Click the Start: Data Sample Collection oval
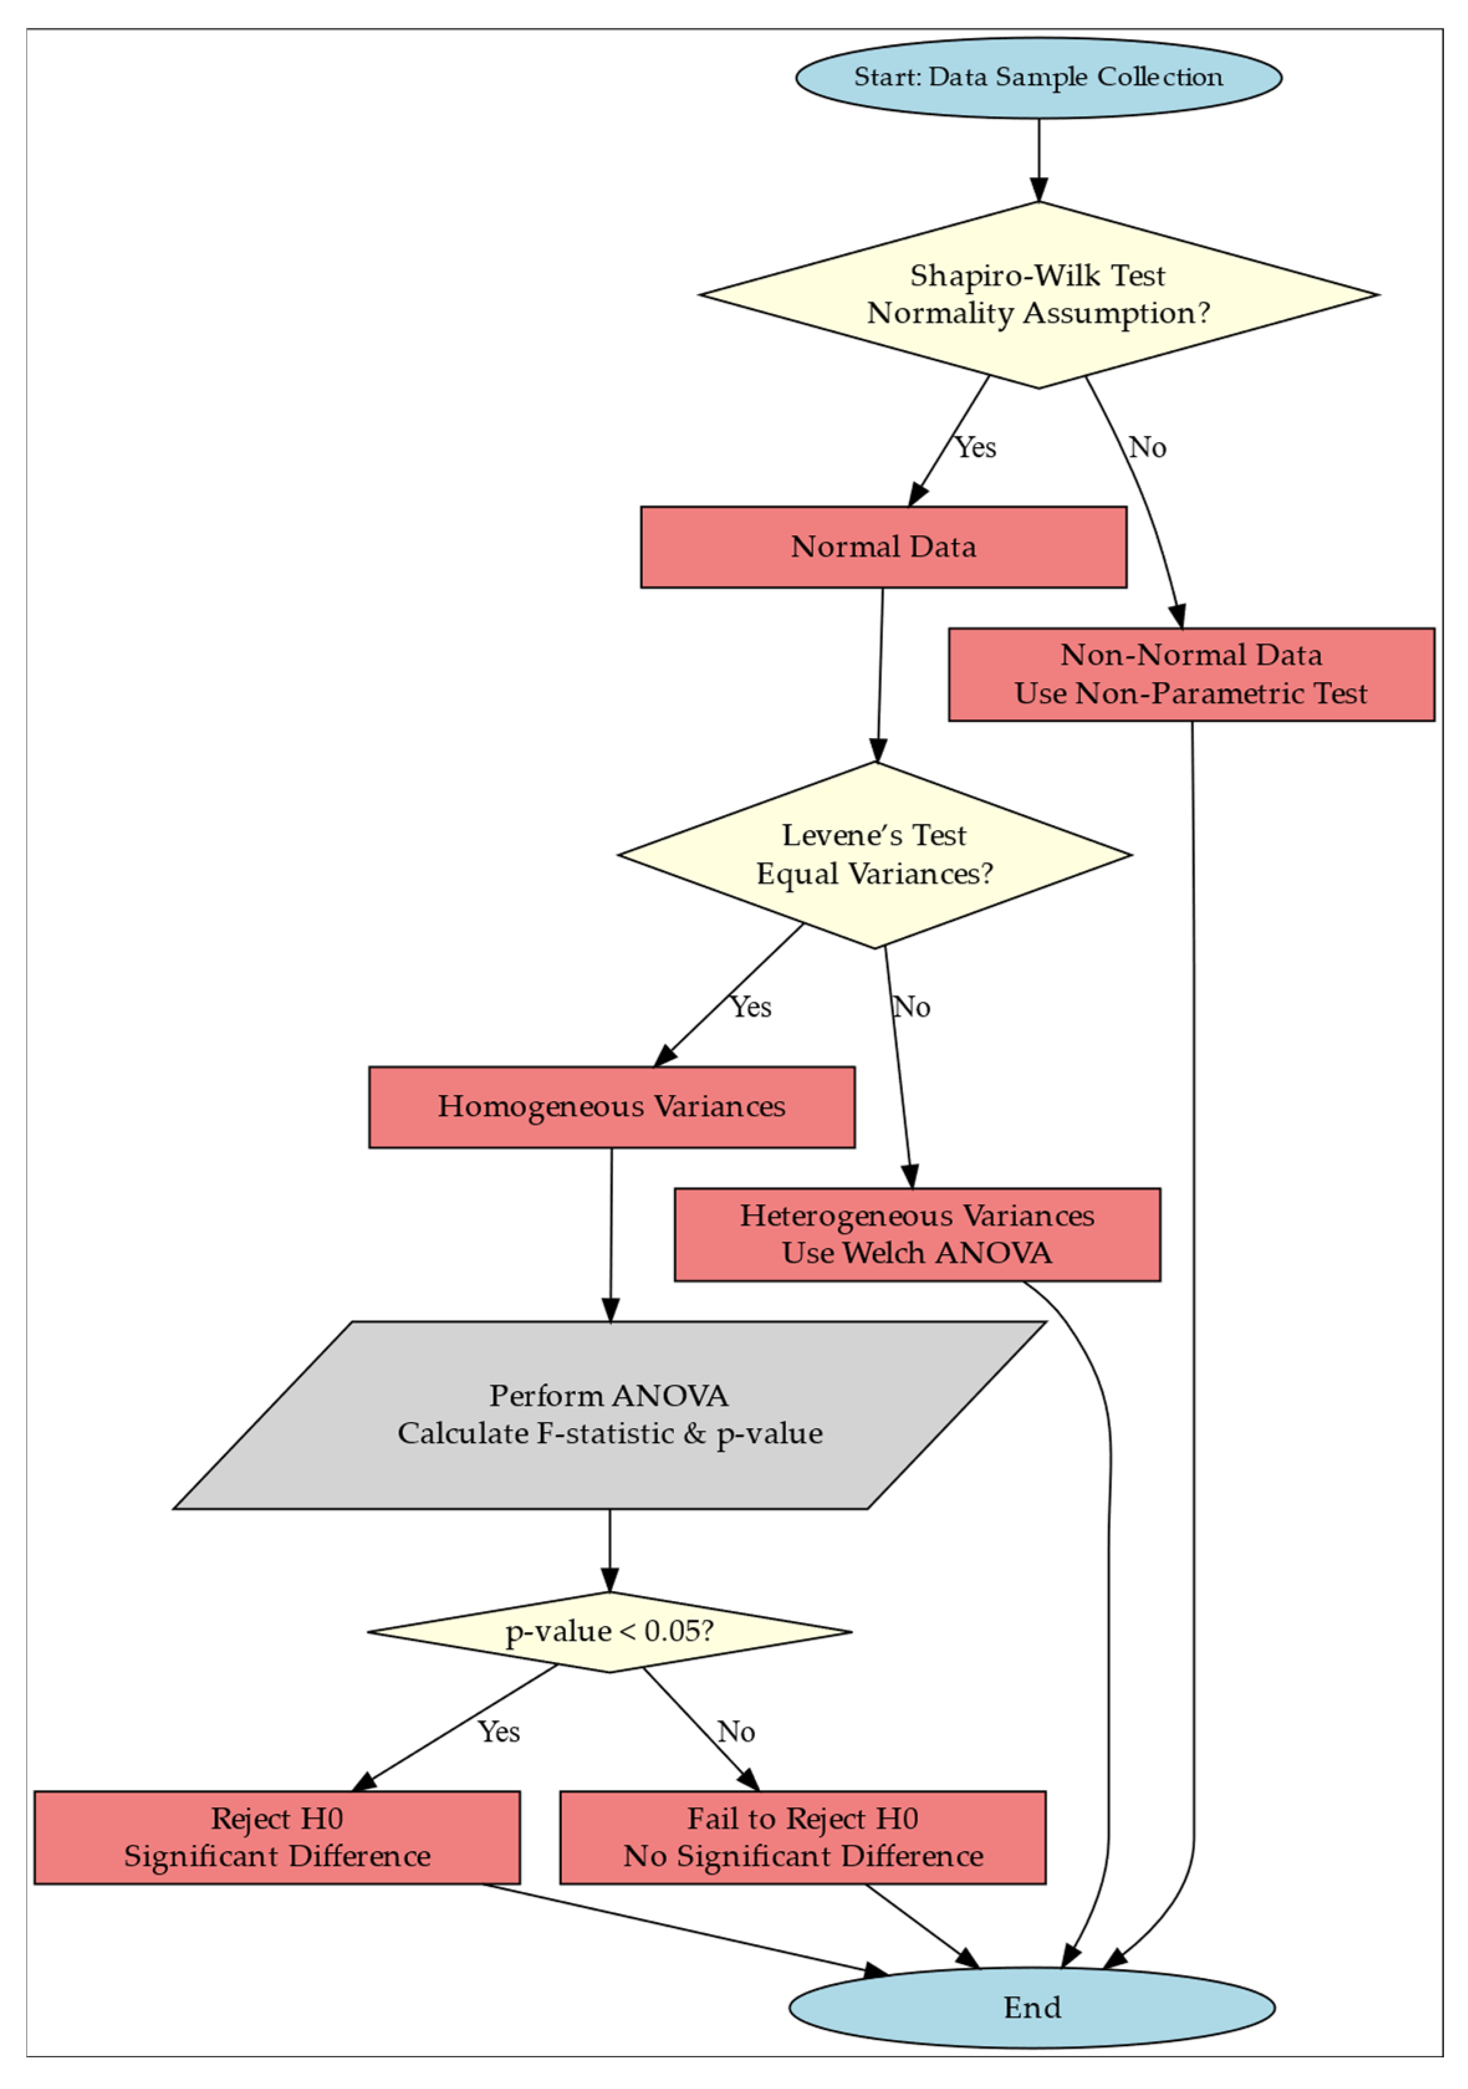1038,77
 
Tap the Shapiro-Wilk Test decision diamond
1038,294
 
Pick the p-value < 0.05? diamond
609,1631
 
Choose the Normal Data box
883,547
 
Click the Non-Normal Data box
1191,674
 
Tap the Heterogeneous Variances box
916,1234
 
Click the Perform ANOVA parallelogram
609,1415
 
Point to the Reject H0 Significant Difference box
277,1837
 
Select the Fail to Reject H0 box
802,1837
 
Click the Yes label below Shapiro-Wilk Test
975,448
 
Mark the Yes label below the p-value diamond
499,1732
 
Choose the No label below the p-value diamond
736,1732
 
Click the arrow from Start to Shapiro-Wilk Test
1038,159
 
